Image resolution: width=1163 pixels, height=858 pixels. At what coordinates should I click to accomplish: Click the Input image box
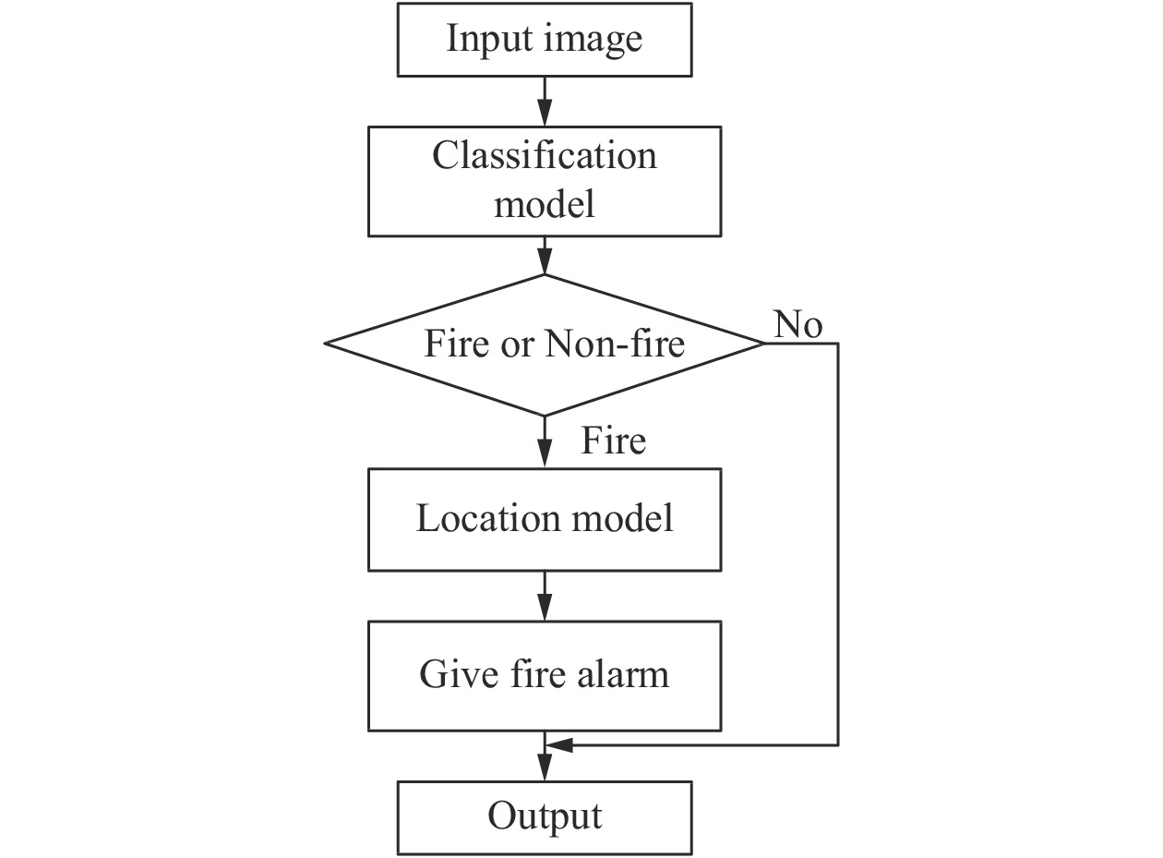point(545,39)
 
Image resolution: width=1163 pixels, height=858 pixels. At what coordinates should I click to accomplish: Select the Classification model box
point(545,181)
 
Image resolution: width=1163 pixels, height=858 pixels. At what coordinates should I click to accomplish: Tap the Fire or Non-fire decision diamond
point(545,344)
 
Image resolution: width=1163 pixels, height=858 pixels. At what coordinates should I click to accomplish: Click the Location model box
point(545,519)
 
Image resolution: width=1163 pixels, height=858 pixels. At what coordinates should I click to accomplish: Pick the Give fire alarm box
point(545,675)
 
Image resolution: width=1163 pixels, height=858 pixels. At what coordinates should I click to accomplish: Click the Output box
point(545,816)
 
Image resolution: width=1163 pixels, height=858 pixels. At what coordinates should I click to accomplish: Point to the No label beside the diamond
point(798,325)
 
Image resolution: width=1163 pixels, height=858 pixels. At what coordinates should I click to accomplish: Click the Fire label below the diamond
point(613,441)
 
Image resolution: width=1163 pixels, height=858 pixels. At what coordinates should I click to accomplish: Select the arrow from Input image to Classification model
point(545,102)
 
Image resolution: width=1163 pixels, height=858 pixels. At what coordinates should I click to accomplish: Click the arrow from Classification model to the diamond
point(545,256)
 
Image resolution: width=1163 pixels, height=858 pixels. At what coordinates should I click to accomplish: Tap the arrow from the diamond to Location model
point(545,442)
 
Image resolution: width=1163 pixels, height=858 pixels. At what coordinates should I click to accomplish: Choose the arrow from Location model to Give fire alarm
point(545,597)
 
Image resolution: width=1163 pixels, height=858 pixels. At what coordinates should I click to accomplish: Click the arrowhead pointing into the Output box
point(545,770)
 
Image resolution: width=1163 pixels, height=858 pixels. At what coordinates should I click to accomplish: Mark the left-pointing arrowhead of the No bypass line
point(559,744)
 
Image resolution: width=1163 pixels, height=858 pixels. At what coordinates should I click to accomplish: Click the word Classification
point(545,155)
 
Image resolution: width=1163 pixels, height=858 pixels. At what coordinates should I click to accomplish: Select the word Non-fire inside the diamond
point(615,344)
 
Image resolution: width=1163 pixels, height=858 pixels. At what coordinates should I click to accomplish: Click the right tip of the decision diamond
point(762,344)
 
